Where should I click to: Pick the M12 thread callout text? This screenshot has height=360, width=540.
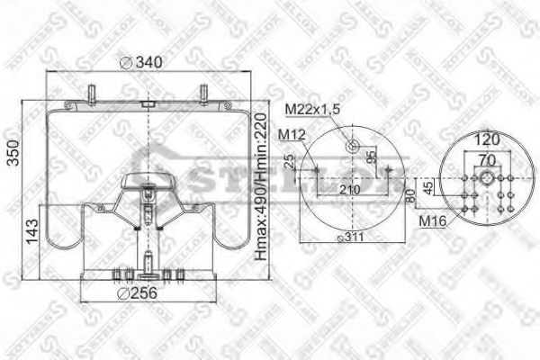click(291, 134)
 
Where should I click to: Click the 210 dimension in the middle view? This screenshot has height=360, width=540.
click(350, 190)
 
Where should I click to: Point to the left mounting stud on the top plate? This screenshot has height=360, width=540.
click(93, 92)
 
